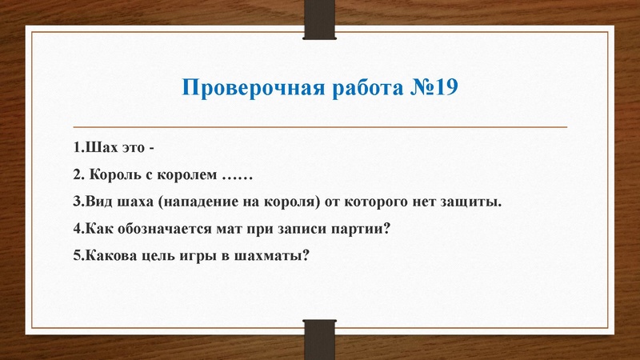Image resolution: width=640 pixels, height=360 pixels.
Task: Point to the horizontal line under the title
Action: click(x=320, y=127)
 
